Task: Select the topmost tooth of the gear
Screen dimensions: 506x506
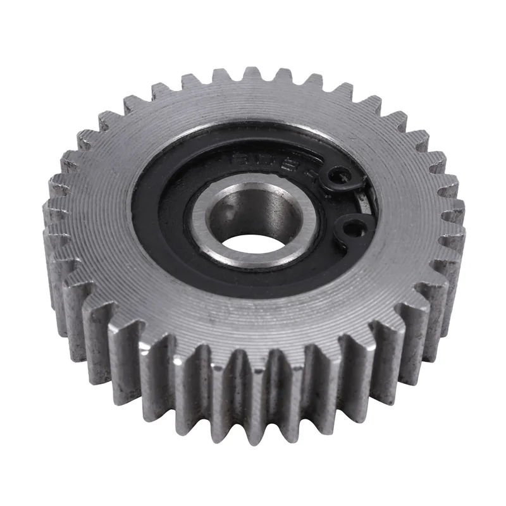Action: click(x=252, y=71)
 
